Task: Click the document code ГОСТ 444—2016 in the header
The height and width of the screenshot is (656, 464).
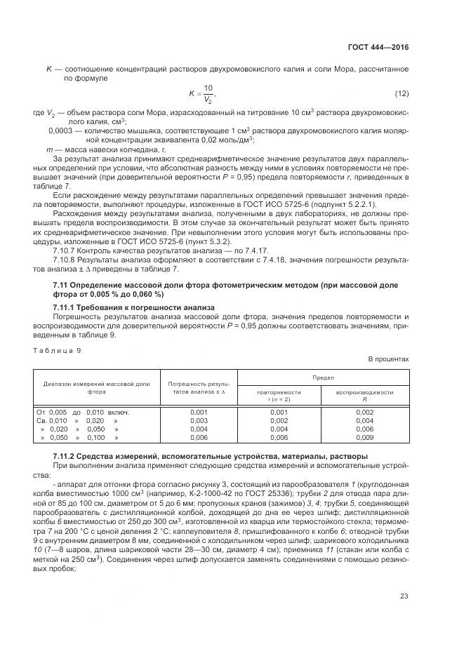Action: [378, 47]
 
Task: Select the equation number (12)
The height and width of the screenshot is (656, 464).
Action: [401, 93]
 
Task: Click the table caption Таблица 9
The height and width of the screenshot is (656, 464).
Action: [58, 349]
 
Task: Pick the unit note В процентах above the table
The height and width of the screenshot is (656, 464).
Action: [388, 359]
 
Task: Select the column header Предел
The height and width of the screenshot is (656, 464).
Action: [324, 377]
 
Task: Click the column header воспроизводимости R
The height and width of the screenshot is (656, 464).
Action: [364, 396]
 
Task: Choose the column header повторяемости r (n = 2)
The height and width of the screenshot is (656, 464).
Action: [279, 396]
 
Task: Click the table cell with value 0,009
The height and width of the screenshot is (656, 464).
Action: [364, 436]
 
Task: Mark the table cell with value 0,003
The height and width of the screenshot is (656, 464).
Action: [199, 420]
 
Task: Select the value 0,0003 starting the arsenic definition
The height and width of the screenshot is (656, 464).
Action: [60, 130]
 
